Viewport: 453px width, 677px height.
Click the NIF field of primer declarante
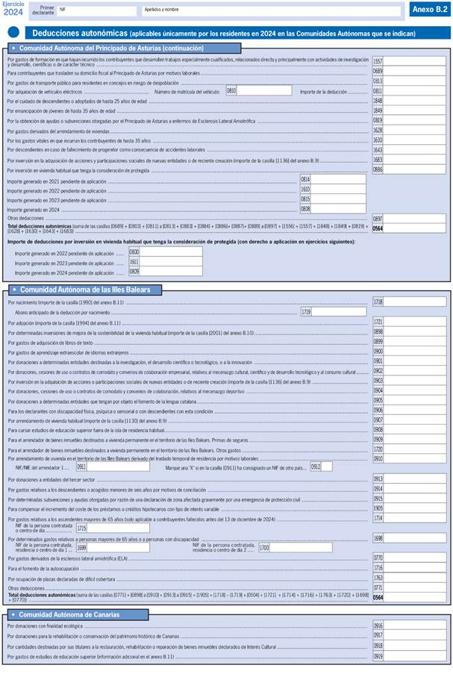tap(97, 10)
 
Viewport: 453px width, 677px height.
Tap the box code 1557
tap(378, 61)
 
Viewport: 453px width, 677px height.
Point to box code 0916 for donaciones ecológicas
tap(378, 626)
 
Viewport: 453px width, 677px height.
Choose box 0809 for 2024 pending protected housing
tap(164, 272)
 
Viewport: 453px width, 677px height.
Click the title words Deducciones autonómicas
tap(79, 34)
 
